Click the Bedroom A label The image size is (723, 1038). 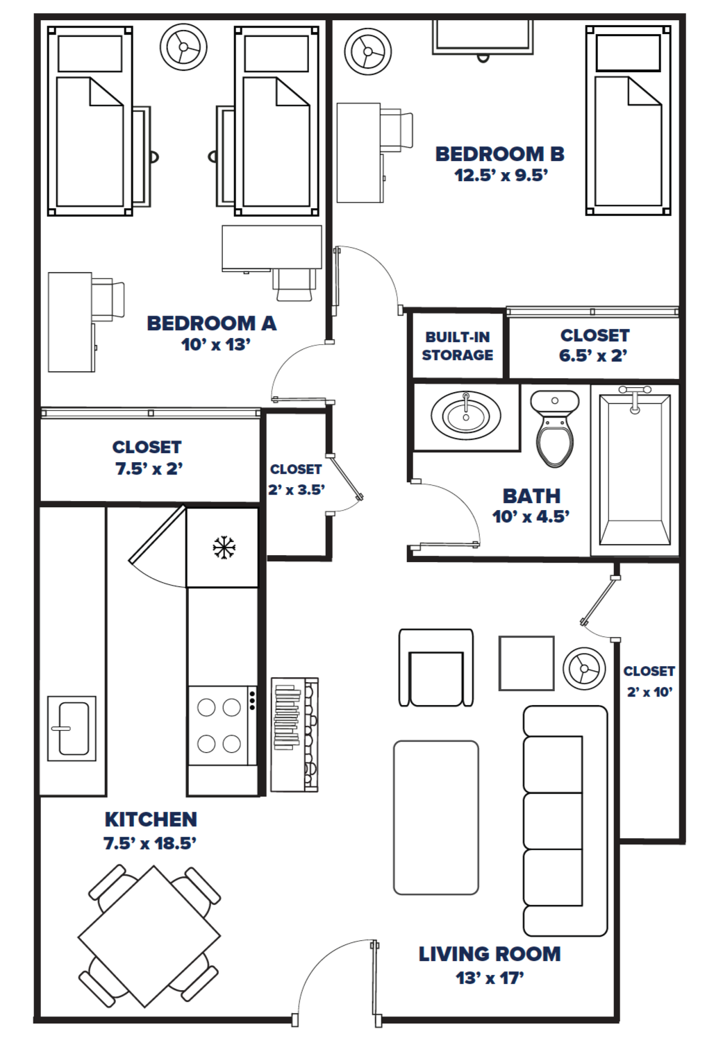click(211, 323)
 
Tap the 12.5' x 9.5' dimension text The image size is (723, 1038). click(501, 176)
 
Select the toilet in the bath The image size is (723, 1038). click(554, 429)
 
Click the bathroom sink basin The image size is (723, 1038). click(465, 416)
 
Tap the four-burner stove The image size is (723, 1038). click(221, 725)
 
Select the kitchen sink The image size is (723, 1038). click(72, 728)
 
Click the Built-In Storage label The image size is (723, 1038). click(458, 346)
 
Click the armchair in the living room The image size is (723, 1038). click(436, 668)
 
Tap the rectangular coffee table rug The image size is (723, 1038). click(436, 817)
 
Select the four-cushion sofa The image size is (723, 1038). click(564, 821)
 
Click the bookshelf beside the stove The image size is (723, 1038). click(294, 735)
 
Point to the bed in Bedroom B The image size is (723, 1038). click(629, 121)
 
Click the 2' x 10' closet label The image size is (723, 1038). click(649, 681)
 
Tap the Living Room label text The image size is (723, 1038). click(490, 954)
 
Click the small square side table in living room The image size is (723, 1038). click(526, 663)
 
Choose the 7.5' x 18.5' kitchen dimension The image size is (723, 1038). click(150, 843)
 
